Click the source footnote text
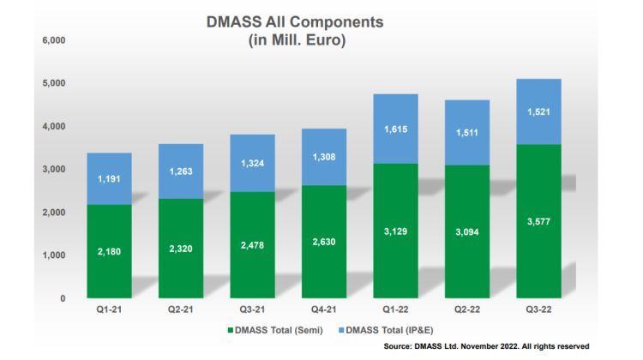tap(487, 346)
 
